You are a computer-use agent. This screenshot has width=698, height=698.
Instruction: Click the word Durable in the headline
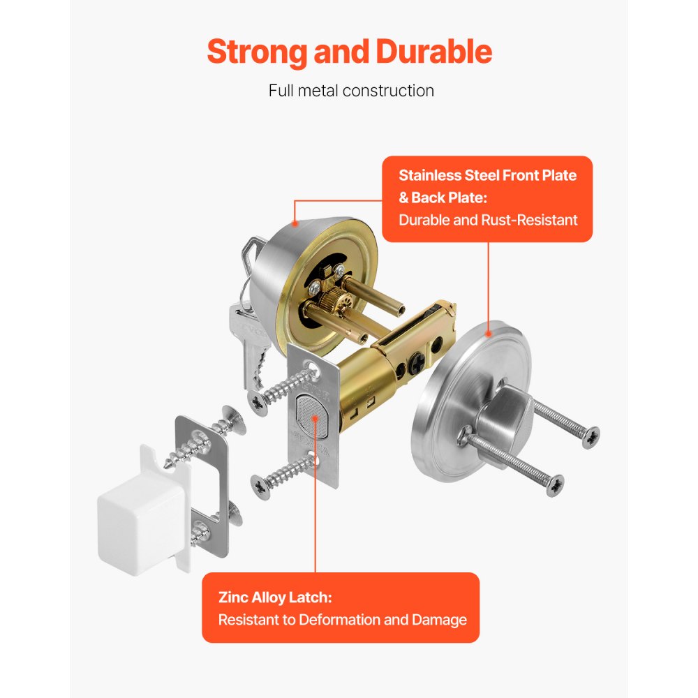(x=433, y=52)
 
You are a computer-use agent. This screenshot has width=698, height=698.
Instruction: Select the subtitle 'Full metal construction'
(x=351, y=91)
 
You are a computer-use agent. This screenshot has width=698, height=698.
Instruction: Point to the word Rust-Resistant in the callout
(x=530, y=220)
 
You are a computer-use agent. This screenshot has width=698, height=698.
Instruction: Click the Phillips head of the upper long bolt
(x=590, y=438)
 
